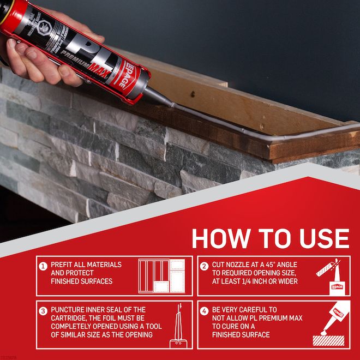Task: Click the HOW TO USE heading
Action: coord(270,239)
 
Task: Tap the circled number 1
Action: coord(43,266)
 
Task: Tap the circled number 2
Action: coord(204,266)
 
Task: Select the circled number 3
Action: coord(43,311)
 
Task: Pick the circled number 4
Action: coord(204,311)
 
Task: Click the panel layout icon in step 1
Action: coord(162,276)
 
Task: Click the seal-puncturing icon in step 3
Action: coord(177,326)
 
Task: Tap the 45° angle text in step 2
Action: coord(284,265)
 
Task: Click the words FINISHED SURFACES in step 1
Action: coord(81,281)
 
